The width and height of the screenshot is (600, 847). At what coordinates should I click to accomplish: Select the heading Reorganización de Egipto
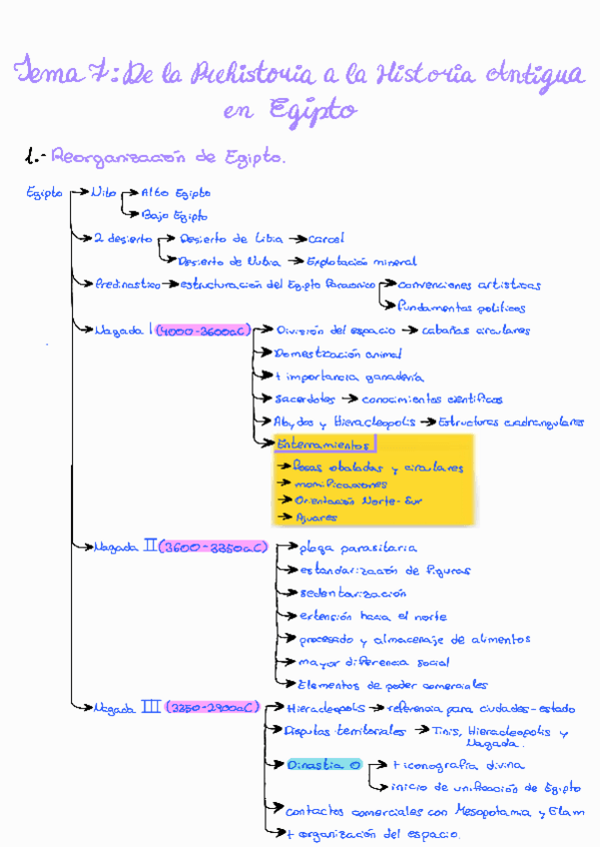click(x=168, y=157)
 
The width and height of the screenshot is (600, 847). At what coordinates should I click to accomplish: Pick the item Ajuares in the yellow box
click(x=316, y=518)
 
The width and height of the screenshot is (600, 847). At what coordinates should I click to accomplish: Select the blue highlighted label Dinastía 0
click(x=321, y=765)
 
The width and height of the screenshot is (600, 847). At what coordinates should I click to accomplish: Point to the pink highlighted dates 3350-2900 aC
click(x=213, y=707)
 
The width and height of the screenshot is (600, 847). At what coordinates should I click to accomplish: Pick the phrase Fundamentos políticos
click(x=460, y=308)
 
